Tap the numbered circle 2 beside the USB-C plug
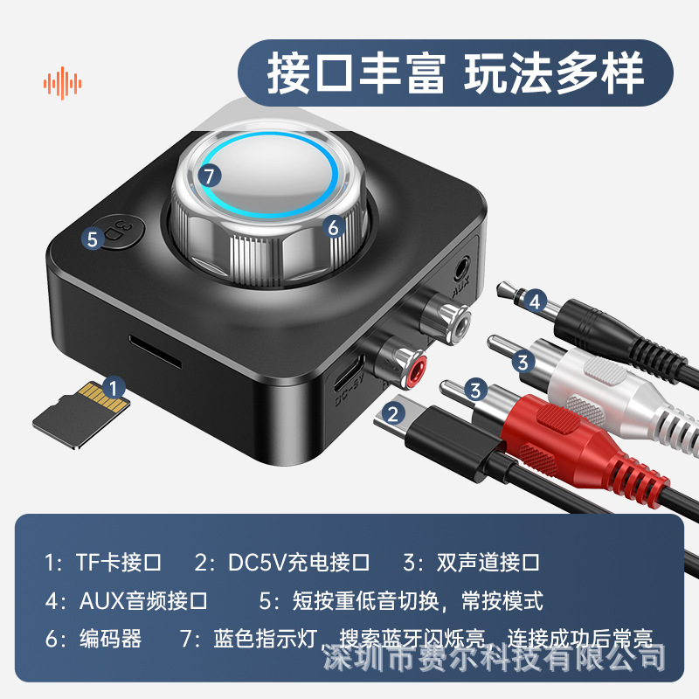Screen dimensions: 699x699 [396, 413]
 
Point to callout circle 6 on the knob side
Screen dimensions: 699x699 [332, 225]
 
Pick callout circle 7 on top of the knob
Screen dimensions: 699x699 [207, 175]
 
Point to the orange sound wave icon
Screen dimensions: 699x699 [63, 84]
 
